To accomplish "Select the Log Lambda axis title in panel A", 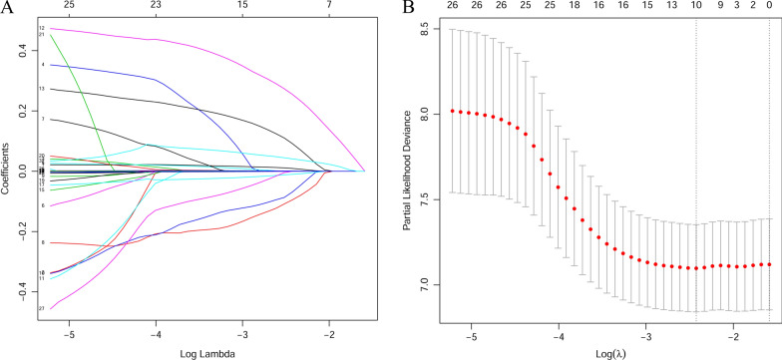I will coord(199,351).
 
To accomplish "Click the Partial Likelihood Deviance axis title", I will coord(410,170).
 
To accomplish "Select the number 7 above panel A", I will coord(329,6).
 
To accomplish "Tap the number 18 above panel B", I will coord(573,6).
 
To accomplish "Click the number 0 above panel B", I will coord(769,6).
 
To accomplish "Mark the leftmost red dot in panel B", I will coord(453,111).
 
